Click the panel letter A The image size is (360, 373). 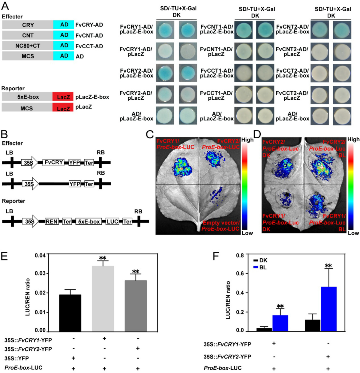point(5,6)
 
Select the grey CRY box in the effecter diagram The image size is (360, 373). point(28,25)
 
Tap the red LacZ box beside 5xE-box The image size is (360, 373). point(63,97)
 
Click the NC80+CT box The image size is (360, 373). point(28,46)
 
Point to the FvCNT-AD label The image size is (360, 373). point(89,36)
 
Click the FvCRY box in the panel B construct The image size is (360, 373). point(54,163)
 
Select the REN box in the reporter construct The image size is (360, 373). point(51,221)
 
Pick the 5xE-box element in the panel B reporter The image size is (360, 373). point(89,221)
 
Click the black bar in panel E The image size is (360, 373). point(70,313)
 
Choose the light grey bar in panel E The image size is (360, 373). point(103,298)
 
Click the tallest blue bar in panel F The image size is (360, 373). point(328,309)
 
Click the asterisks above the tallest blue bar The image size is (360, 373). point(328,266)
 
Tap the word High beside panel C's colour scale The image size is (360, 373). point(247,140)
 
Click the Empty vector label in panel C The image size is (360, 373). point(221,223)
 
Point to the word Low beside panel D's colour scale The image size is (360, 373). point(353,233)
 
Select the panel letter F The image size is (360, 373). point(216,257)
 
